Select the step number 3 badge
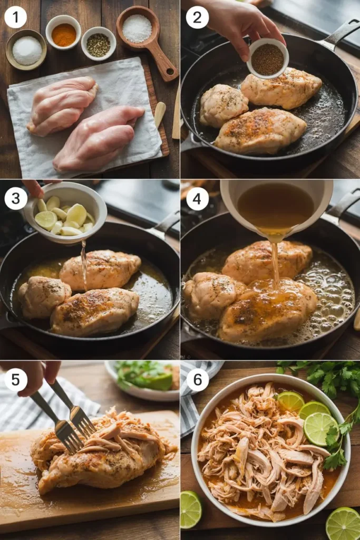15,200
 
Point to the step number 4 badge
197,199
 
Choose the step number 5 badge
15,380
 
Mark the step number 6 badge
197,380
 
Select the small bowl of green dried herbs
99,44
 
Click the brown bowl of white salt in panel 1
26,50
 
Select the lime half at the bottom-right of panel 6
343,524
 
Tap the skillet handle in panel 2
340,34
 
